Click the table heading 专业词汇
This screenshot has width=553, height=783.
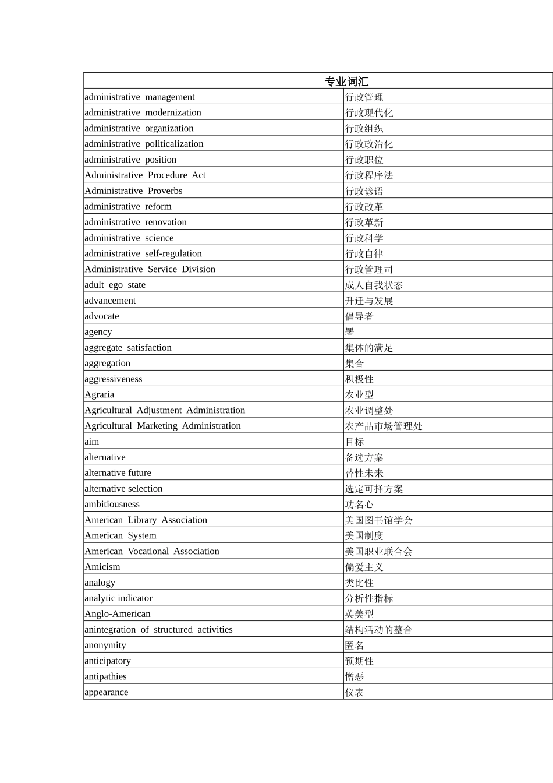click(346, 81)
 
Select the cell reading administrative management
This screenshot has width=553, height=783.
click(140, 97)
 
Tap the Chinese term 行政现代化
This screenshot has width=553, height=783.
click(369, 112)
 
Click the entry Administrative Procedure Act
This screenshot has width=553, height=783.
click(145, 175)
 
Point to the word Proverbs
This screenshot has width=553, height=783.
click(165, 191)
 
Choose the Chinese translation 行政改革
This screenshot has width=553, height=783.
click(364, 206)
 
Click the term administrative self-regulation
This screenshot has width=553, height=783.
click(143, 253)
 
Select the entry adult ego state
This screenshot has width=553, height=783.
click(115, 285)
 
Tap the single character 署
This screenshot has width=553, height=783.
click(350, 332)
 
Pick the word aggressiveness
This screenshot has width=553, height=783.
click(114, 379)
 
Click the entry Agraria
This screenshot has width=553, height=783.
click(100, 394)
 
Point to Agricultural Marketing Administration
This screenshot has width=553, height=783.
click(163, 426)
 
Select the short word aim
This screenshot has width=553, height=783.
click(92, 442)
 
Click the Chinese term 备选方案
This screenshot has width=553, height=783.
click(364, 457)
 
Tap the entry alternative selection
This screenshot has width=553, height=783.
click(123, 489)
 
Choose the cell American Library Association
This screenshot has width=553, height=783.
click(146, 520)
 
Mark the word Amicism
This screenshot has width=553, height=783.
click(102, 567)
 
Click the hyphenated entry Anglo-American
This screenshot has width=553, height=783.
click(118, 613)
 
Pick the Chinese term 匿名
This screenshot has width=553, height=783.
click(355, 645)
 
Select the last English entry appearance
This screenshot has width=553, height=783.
click(107, 692)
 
